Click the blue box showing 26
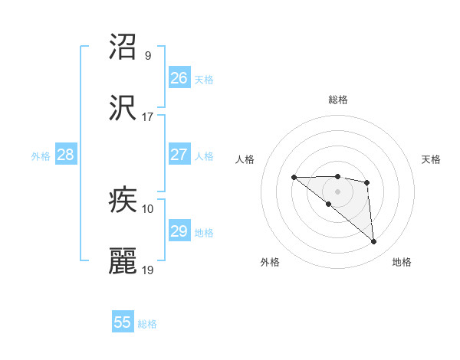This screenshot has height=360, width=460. click(179, 78)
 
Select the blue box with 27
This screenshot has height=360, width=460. click(179, 155)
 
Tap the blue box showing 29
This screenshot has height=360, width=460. click(179, 231)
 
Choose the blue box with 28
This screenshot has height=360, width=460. click(66, 155)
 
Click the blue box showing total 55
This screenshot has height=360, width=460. click(123, 322)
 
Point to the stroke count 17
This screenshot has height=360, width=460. click(148, 117)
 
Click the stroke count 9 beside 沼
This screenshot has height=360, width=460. click(148, 56)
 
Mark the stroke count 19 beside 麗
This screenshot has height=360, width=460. click(148, 270)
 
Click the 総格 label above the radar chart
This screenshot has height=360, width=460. click(338, 100)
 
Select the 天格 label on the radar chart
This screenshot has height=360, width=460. click(432, 159)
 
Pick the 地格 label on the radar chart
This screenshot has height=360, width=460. click(402, 262)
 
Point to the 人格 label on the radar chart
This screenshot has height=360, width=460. click(245, 159)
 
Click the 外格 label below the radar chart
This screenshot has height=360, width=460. click(270, 262)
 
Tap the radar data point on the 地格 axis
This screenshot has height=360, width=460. click(374, 242)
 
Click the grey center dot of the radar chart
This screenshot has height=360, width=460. click(338, 191)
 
